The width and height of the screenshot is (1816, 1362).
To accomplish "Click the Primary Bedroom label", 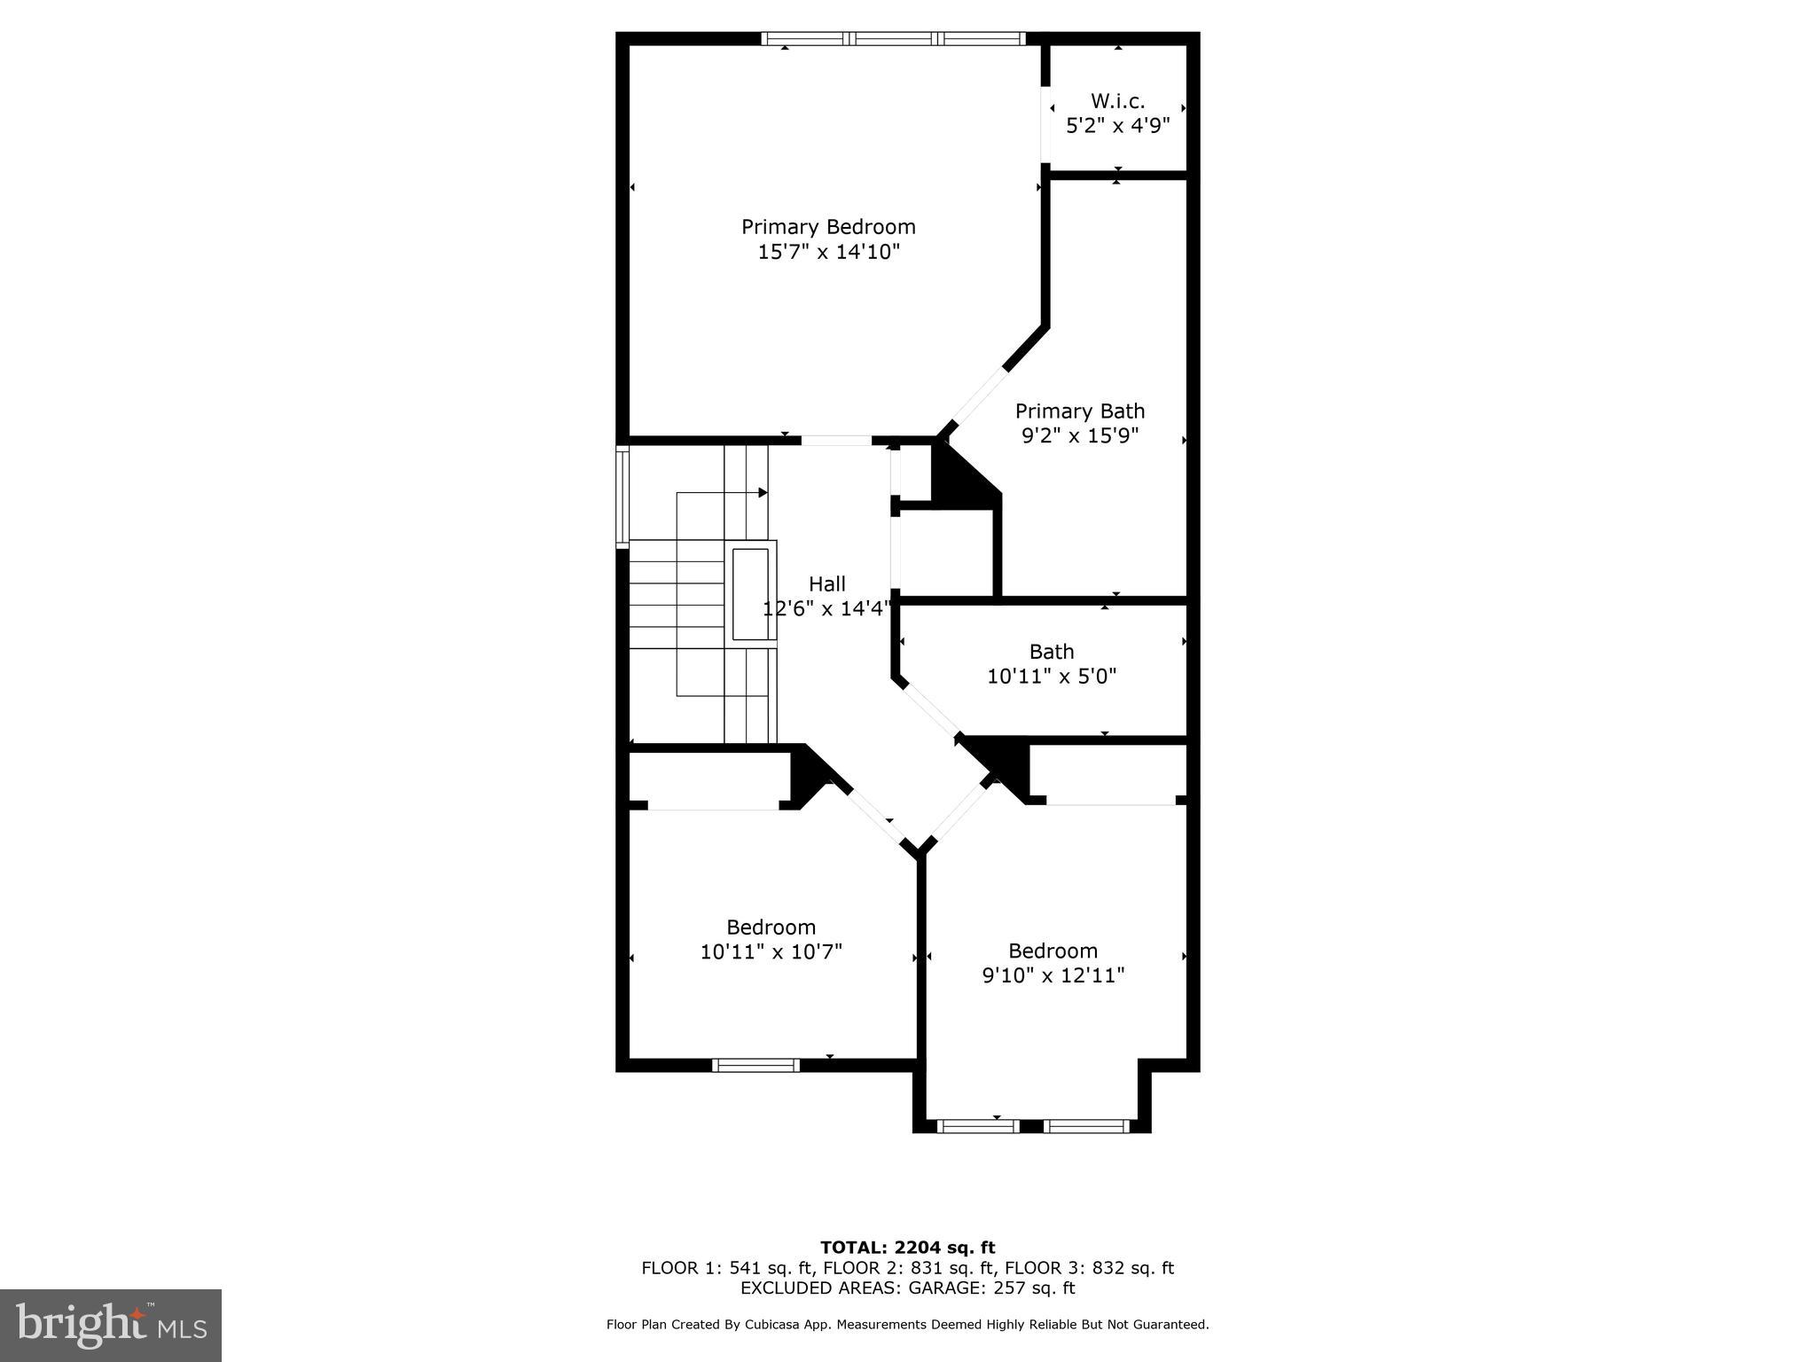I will [x=828, y=227].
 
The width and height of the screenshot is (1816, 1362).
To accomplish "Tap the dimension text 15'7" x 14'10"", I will [x=828, y=252].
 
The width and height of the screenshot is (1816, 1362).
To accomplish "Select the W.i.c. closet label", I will [x=1117, y=101].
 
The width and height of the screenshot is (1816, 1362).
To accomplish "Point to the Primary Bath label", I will [x=1079, y=411].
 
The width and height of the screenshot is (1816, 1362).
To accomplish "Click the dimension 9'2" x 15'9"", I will [x=1079, y=436].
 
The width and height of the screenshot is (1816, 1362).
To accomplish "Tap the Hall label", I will [x=826, y=584].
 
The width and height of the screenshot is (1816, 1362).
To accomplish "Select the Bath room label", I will [x=1052, y=652].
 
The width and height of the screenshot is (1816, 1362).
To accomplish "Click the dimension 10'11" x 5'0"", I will [x=1052, y=677].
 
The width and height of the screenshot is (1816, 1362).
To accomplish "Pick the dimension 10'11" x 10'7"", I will [x=771, y=952].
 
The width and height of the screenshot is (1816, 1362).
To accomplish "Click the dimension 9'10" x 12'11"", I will [x=1053, y=976].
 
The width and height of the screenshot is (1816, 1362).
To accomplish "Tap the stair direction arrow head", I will [x=763, y=492].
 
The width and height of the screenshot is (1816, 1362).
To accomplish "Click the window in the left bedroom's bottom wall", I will [x=755, y=1065].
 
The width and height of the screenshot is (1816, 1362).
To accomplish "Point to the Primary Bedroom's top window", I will [x=893, y=38].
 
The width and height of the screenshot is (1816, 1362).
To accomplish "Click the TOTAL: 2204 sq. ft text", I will [x=907, y=1248].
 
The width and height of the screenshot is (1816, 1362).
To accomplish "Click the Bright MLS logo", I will [x=111, y=1325].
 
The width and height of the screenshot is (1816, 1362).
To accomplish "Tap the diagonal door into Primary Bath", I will [x=978, y=399].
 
